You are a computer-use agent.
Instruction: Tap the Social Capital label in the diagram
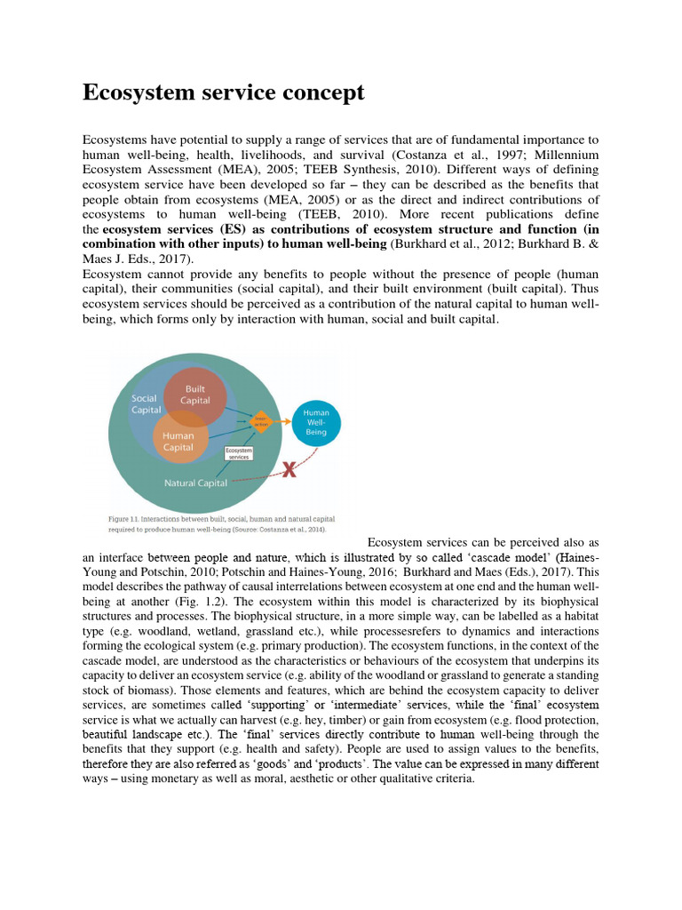coord(146,404)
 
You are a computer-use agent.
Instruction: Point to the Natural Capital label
coord(195,483)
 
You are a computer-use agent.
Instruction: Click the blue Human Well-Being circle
coord(316,422)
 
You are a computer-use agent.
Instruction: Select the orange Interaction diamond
coord(261,419)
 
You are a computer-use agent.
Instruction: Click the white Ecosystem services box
coord(239,453)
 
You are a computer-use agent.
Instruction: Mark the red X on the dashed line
coord(289,469)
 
